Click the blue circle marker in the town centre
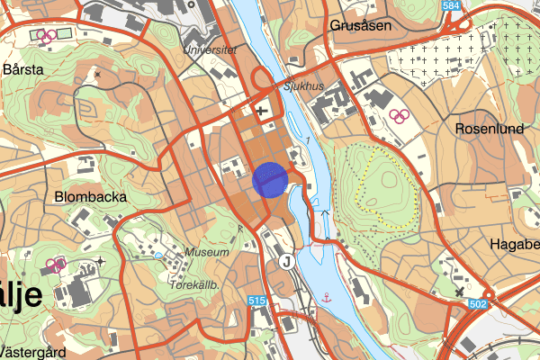coord(270,178)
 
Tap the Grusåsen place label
coord(361,25)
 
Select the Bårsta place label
coord(24,68)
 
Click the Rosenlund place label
coord(490,129)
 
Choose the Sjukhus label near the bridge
coord(302,87)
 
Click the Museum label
coord(207,253)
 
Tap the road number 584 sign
coord(451,6)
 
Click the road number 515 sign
coord(256,301)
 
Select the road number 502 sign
coord(477,306)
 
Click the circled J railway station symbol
coord(286,261)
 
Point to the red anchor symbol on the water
coord(327,295)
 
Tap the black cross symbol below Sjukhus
coord(261,112)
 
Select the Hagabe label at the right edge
coord(514,243)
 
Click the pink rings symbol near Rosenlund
coord(398,115)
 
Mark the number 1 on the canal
coord(307,141)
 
